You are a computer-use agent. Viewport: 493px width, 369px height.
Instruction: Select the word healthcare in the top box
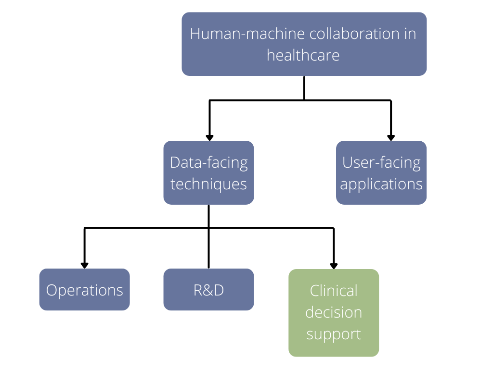(303, 55)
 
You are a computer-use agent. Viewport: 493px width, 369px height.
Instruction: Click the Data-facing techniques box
(208, 172)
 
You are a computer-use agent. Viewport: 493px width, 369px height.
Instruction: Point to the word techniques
(208, 184)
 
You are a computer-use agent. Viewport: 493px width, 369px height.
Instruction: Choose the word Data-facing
(208, 163)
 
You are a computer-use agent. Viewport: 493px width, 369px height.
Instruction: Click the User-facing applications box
(381, 172)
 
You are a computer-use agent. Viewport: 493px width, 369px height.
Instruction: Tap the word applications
(381, 184)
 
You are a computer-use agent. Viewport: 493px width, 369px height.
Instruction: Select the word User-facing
(381, 163)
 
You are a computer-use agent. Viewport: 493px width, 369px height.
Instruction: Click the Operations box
(84, 289)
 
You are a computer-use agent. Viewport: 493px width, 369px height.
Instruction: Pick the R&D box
(208, 289)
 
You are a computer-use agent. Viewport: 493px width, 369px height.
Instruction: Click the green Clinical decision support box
(334, 313)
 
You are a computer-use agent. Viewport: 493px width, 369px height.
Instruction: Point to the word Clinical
(334, 291)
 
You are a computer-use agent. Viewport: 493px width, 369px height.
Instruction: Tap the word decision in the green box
(334, 313)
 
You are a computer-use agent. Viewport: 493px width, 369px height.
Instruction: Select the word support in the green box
(334, 334)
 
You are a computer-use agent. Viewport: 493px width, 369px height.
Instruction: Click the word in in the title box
(410, 34)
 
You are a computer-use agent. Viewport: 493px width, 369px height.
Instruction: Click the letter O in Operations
(52, 291)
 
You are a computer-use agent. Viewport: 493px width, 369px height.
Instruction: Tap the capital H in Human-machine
(195, 34)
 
